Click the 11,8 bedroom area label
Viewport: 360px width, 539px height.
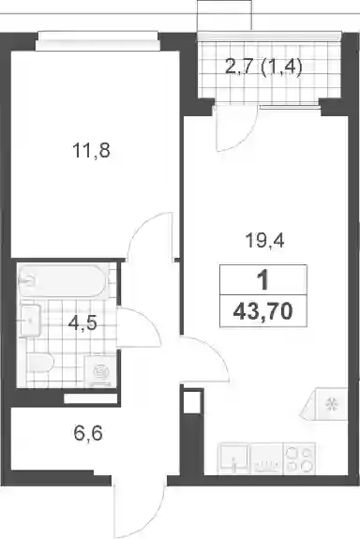(x=92, y=151)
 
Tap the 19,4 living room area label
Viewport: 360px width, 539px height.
(x=264, y=240)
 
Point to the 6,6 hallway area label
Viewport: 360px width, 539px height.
(x=88, y=433)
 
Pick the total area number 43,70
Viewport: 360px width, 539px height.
(x=263, y=312)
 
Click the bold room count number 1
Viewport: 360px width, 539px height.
(x=263, y=280)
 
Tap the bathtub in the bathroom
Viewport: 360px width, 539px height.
(x=63, y=280)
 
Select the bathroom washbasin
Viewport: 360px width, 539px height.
(x=30, y=321)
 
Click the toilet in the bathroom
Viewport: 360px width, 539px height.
(x=40, y=363)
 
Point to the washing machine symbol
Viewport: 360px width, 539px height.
(x=100, y=370)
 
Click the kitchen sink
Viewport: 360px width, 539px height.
(x=233, y=458)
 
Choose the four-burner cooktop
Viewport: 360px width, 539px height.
(x=299, y=458)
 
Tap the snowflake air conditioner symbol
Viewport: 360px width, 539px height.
(x=332, y=404)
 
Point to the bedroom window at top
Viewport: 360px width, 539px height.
(x=97, y=40)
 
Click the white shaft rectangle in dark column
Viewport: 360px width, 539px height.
(x=193, y=401)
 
